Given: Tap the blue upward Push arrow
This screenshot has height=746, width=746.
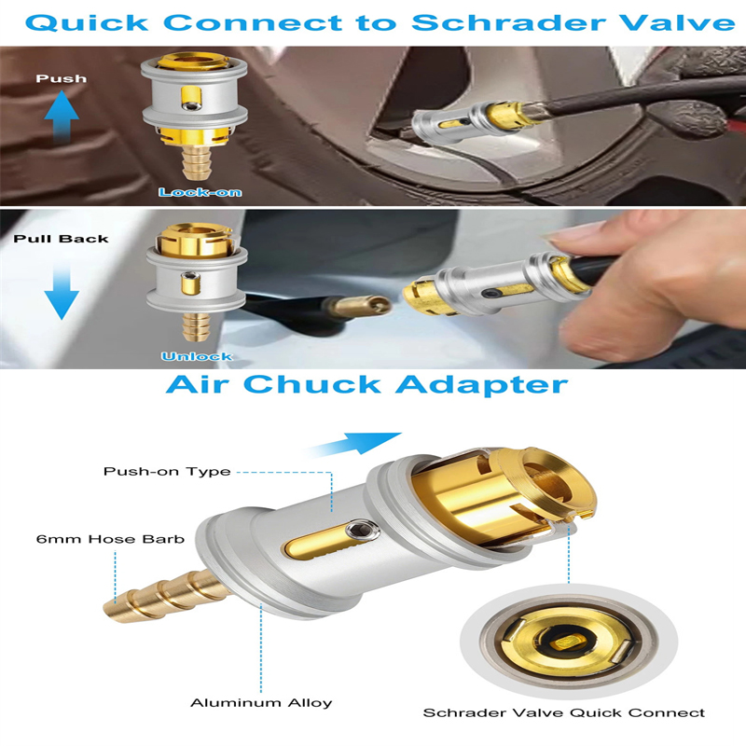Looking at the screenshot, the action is (x=62, y=117).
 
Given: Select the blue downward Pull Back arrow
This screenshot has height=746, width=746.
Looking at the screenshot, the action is (x=62, y=291).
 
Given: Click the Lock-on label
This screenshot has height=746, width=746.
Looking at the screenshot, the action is (x=200, y=193).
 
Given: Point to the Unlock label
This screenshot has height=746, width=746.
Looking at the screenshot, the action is (x=197, y=356).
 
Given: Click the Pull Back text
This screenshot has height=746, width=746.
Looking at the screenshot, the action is (x=61, y=239).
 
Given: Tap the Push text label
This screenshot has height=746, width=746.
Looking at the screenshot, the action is (x=62, y=78).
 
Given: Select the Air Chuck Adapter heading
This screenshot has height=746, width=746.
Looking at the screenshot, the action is (x=366, y=384).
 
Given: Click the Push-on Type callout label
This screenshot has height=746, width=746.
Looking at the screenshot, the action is (x=167, y=472).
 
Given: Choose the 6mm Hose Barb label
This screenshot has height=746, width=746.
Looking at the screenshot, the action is (x=110, y=539).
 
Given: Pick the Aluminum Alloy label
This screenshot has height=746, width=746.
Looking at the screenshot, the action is (x=261, y=703).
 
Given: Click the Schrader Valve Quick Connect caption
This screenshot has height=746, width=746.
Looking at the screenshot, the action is (x=564, y=712).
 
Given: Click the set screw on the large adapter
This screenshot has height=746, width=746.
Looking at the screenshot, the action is (x=363, y=530).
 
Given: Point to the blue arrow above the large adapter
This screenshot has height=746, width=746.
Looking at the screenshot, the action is (x=353, y=444).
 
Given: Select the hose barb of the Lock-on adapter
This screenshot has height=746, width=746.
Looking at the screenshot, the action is (x=196, y=162).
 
